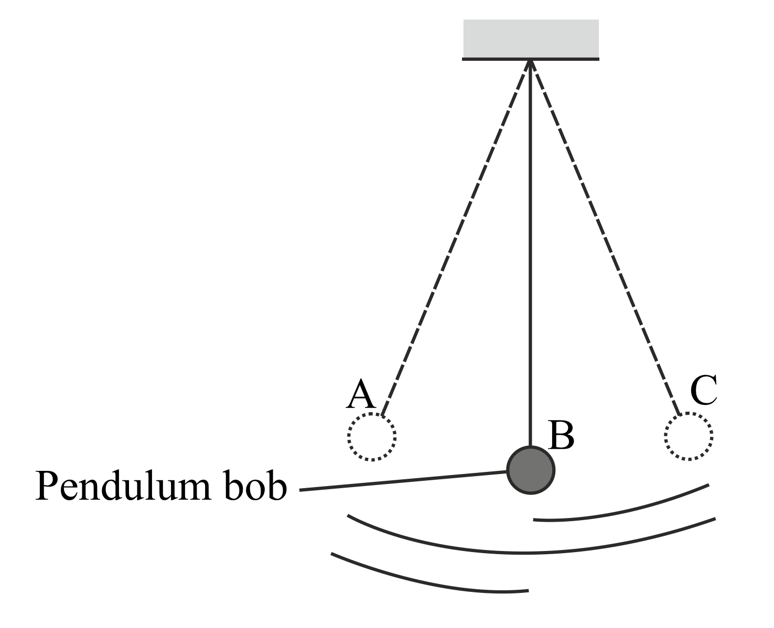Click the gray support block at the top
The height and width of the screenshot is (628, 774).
[531, 38]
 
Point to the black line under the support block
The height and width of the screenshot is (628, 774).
[531, 59]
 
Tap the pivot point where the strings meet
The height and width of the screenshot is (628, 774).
[531, 62]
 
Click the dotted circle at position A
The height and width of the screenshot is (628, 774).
[372, 437]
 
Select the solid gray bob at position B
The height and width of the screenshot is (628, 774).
[531, 470]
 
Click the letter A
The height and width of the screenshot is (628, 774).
[361, 395]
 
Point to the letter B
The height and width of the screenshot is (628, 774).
[561, 436]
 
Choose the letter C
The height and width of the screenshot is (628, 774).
[704, 391]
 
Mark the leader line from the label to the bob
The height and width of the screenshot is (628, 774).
[404, 481]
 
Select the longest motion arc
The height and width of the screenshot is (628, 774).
[530, 553]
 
